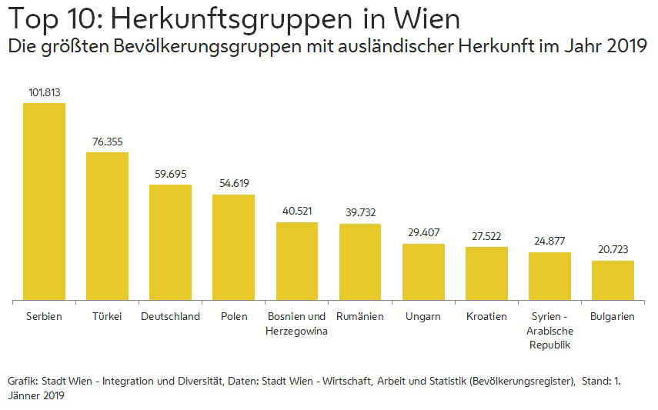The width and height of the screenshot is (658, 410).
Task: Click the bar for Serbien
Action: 44,202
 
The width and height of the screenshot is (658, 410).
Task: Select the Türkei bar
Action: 107,226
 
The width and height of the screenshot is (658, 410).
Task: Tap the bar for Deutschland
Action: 170,242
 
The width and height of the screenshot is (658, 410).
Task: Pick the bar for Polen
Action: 233,247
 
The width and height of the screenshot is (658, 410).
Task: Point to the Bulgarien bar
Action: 613,280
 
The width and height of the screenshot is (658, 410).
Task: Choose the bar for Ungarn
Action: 423,272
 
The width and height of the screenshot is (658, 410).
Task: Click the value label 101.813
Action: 44,92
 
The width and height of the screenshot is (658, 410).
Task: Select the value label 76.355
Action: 107,142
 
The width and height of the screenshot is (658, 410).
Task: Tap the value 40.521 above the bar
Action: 297,212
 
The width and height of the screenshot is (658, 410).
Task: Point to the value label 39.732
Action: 360,213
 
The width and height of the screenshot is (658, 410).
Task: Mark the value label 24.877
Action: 549,242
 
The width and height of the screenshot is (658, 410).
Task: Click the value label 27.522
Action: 486,236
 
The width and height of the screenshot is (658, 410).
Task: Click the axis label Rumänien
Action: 360,317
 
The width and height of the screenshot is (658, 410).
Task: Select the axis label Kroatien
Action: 486,317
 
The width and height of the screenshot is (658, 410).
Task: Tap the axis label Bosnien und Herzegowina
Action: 297,324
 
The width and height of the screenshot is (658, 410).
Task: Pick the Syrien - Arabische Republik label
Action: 549,331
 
